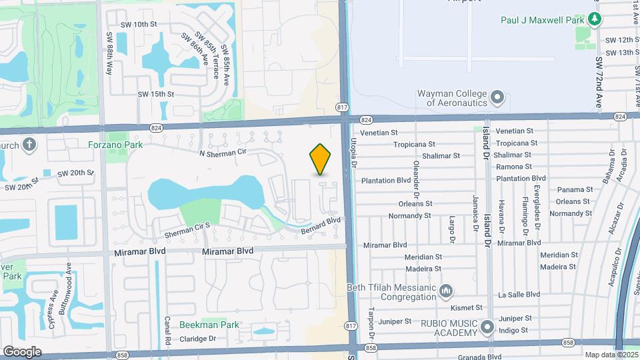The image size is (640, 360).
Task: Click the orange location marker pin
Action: click(321, 159)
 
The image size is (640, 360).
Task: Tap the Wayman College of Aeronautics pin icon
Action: click(497, 99)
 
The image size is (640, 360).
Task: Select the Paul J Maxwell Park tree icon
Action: click(593, 19)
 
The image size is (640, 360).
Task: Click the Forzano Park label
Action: click(115, 144)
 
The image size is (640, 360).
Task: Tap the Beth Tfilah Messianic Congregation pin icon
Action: click(447, 291)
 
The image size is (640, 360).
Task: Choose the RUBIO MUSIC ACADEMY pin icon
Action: click(487, 327)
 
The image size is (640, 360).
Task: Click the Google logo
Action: click(22, 351)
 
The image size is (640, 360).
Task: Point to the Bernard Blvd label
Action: click(321, 225)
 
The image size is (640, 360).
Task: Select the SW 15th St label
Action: click(155, 95)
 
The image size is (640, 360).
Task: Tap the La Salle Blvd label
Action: click(523, 294)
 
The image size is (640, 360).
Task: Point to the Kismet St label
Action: click(465, 308)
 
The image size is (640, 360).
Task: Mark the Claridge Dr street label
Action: click(198, 339)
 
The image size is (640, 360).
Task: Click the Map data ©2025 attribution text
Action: click(610, 355)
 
